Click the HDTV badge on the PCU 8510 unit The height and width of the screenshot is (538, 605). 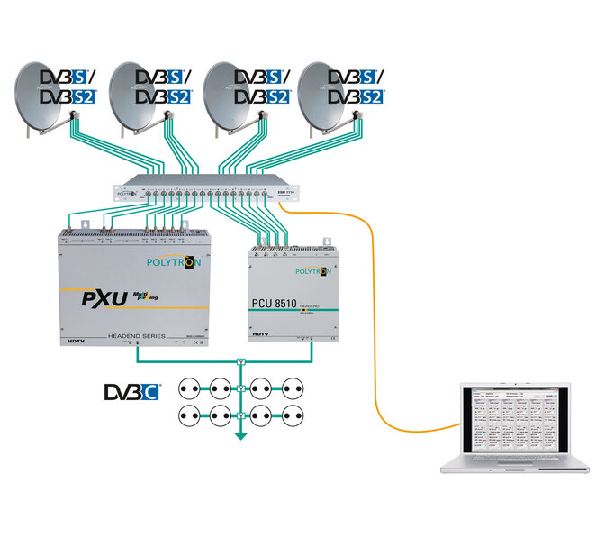[262, 335]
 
